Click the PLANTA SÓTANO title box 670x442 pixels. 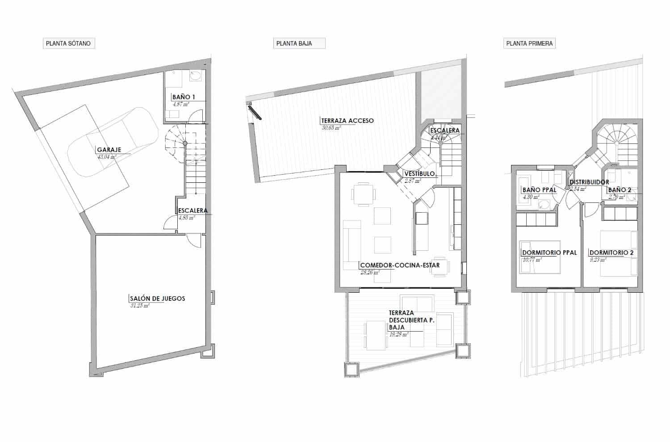tap(68, 43)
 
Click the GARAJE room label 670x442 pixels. tap(109, 150)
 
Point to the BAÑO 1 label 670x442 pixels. tap(183, 97)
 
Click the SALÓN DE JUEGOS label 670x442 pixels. tap(157, 299)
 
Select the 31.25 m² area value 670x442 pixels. tap(139, 306)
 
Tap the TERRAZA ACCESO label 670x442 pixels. tap(348, 121)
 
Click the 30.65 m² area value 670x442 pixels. tap(331, 127)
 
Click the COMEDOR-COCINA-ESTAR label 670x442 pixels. tap(400, 265)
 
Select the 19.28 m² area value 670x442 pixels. tap(399, 334)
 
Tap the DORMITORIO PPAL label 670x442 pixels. tap(549, 253)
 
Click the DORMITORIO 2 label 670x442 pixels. tap(611, 253)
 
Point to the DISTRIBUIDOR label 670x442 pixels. tap(589, 182)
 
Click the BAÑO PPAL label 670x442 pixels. tap(539, 190)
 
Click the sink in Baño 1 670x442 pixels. tap(196, 76)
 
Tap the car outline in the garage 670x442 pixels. tap(112, 143)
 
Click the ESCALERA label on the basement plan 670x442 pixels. tap(193, 211)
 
